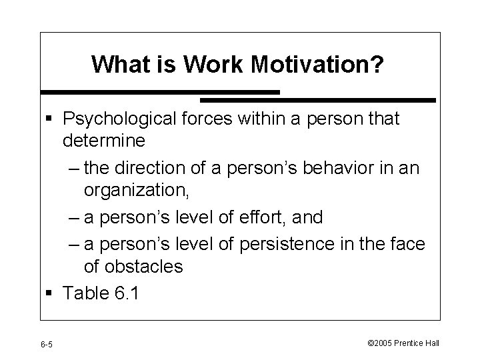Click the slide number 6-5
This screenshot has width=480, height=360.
coord(47,344)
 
